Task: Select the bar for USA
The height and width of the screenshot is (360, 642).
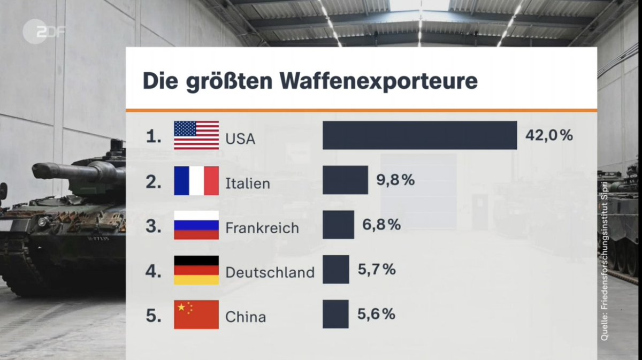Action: coord(419,135)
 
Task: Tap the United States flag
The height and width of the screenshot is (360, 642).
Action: coord(196,135)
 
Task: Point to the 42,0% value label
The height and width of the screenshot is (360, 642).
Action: coord(549,135)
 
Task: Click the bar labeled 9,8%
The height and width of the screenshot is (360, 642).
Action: coord(345,180)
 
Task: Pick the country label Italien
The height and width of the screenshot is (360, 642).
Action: coord(248,184)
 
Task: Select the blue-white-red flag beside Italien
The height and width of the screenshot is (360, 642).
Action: coord(196,180)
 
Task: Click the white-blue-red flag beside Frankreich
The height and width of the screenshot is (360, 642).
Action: coord(196,225)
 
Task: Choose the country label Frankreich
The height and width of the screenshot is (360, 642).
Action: coord(262,228)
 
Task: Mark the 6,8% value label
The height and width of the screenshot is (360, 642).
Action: coord(381,225)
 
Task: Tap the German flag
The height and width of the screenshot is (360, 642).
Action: coord(196,270)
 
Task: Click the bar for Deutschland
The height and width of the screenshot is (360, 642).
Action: coord(335,270)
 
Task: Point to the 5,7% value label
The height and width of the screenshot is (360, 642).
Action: coord(377,270)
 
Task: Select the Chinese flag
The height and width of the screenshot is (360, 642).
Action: coord(196,315)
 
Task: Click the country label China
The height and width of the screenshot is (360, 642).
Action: coord(246,317)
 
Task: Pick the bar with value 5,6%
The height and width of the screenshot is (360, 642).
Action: coord(335,315)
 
